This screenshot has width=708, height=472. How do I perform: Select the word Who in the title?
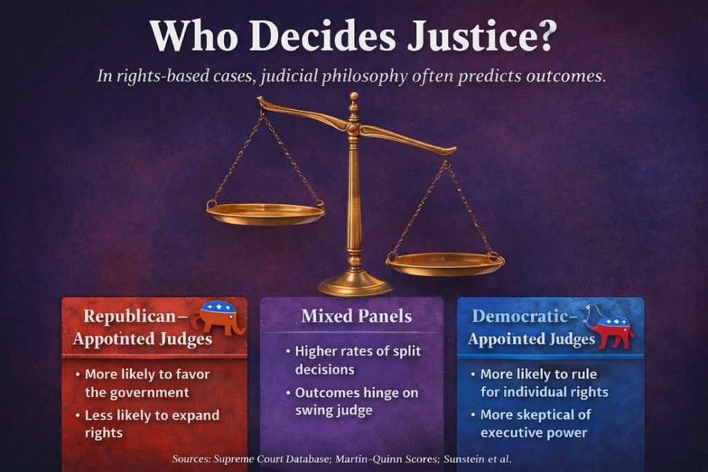pos(194,36)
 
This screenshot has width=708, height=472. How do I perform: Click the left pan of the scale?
pos(265,214)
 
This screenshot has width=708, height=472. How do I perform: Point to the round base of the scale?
pos(355,285)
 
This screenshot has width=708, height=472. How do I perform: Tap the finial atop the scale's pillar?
pos(355,99)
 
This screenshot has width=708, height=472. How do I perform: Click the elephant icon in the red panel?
pos(218,317)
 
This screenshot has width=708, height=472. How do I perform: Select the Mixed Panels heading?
pos(356,316)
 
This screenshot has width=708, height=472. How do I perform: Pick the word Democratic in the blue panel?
pos(520,316)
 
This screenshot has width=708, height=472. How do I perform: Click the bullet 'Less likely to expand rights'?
pos(148,424)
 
